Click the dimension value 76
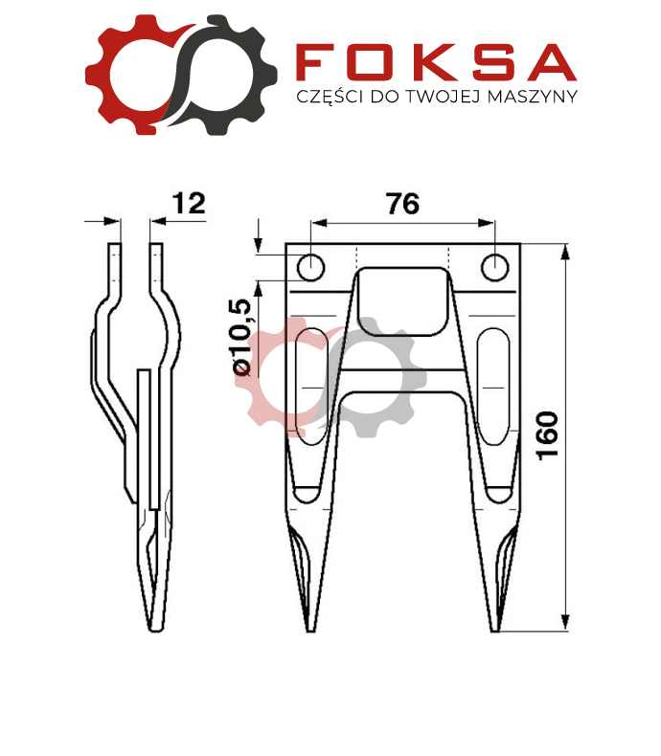point(403,204)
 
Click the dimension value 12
point(189,203)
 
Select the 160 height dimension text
point(548,435)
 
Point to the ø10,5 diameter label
point(242,337)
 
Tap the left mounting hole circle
point(310,267)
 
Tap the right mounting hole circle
point(495,267)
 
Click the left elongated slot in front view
point(311,387)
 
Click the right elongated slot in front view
point(493,387)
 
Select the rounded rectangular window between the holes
point(403,301)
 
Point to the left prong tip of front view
point(311,631)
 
